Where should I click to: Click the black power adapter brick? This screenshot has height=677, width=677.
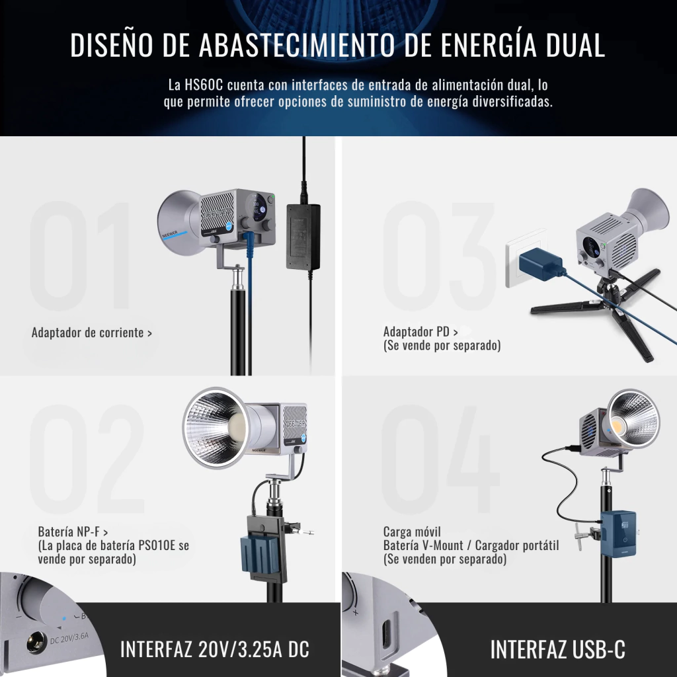(303, 237)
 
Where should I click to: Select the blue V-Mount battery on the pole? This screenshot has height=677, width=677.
(619, 534)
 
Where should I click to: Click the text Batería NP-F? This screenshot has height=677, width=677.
(69, 532)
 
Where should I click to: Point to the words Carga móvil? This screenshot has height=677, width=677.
(412, 532)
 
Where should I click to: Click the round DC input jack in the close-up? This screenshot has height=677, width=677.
(36, 642)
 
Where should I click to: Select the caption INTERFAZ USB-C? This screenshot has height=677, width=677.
(557, 649)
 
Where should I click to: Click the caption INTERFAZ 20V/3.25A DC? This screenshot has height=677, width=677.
(215, 649)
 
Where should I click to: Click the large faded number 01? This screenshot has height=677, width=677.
(80, 256)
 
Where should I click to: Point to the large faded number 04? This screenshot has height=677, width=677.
(440, 459)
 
